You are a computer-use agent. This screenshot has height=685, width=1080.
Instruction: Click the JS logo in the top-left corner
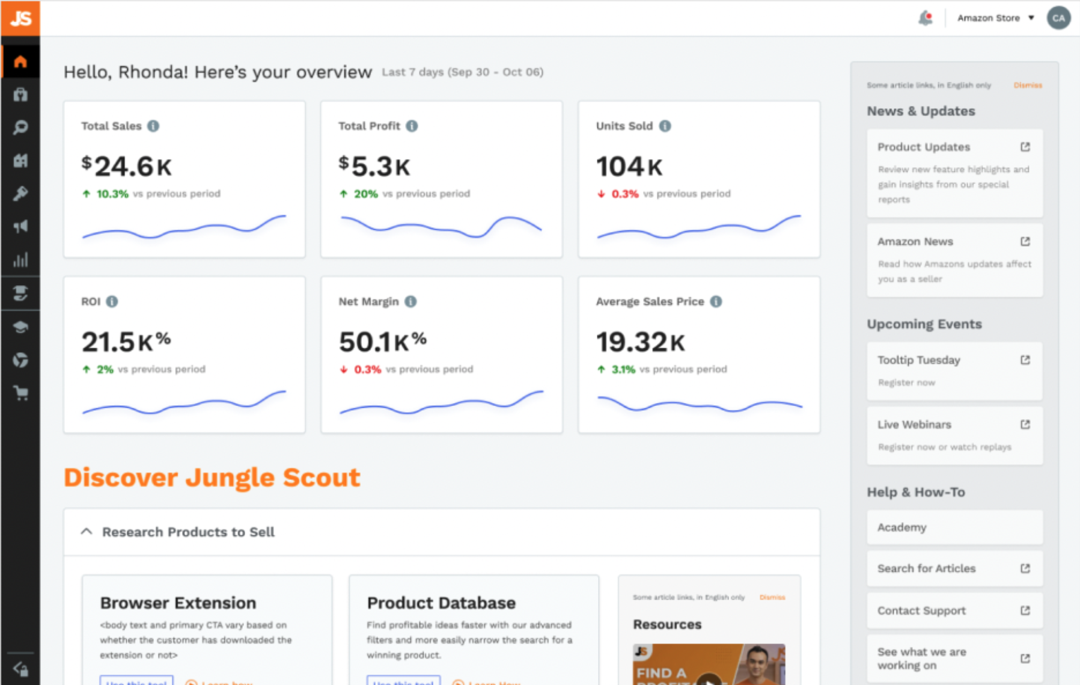click(20, 18)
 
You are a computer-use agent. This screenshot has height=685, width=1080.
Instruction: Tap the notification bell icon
click(926, 18)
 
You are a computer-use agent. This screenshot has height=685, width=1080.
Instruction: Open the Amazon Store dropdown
click(995, 18)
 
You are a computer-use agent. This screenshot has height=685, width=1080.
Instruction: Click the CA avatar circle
click(1058, 18)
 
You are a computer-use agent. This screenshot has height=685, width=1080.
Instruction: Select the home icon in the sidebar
click(20, 61)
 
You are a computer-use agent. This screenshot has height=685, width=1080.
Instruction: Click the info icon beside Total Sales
click(153, 126)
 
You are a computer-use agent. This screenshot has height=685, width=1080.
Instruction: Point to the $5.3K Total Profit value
click(374, 167)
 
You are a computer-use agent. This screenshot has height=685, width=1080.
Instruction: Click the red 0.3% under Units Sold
click(624, 194)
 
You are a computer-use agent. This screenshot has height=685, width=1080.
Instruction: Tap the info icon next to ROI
click(112, 301)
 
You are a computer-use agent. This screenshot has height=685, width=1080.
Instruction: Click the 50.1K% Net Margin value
click(382, 342)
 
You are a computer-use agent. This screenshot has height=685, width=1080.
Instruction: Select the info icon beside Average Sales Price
click(716, 301)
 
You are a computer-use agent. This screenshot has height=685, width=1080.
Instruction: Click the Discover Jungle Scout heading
click(212, 478)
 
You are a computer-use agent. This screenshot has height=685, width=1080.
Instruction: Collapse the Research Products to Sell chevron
click(87, 532)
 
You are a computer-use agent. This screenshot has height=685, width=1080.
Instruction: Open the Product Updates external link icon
click(1025, 147)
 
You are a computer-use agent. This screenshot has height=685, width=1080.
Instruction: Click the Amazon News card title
click(915, 241)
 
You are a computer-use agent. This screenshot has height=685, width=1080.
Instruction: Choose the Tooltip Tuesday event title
click(918, 360)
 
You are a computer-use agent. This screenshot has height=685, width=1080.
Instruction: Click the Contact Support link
click(921, 610)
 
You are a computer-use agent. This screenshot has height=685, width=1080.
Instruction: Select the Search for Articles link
click(926, 568)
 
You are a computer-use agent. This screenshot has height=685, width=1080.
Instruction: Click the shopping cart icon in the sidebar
click(20, 393)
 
